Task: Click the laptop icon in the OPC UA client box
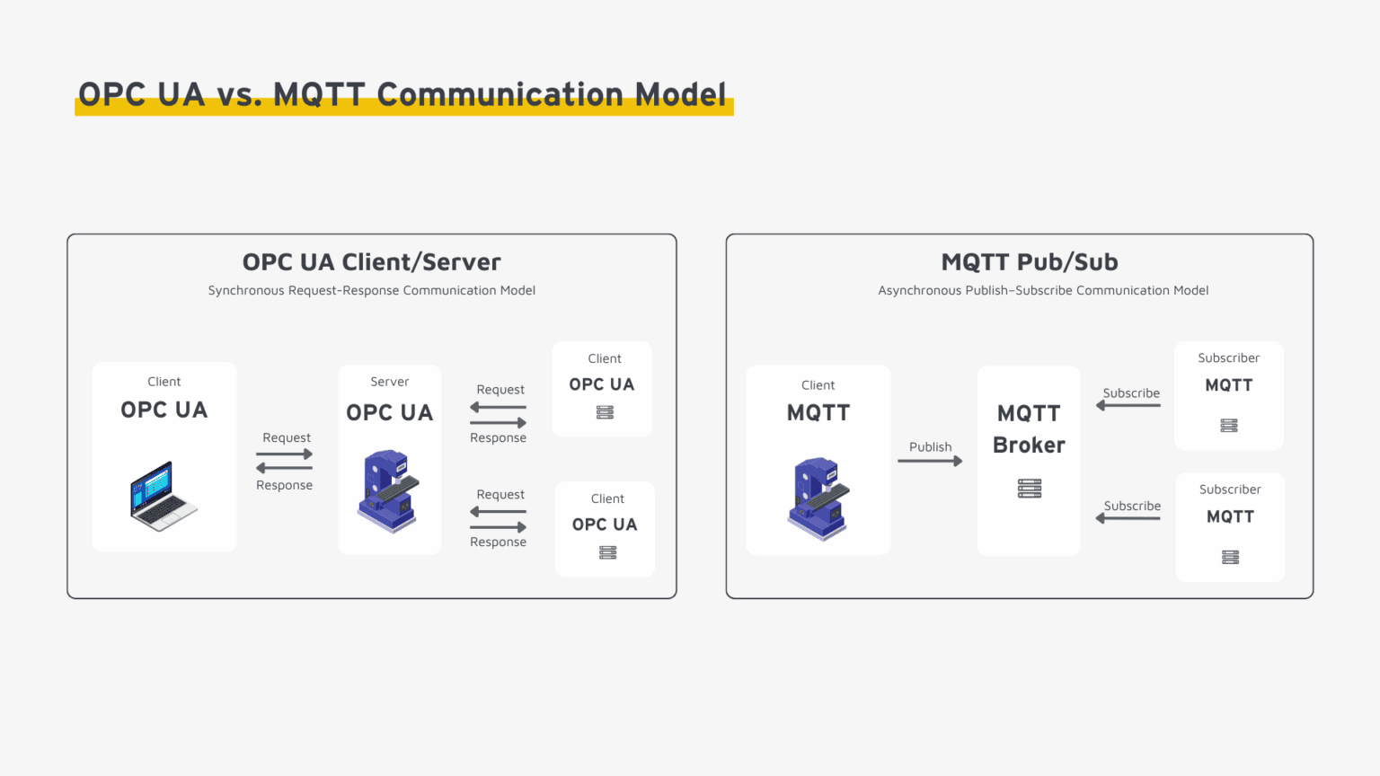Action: [x=164, y=496]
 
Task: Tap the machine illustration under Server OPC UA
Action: [x=389, y=491]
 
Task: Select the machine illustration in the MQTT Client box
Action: [x=818, y=498]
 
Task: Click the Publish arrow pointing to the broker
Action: [x=930, y=461]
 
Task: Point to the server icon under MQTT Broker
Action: [x=1030, y=489]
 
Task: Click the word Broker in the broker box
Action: [x=1029, y=445]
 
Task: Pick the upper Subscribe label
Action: [x=1131, y=393]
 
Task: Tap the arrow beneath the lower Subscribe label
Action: [x=1128, y=518]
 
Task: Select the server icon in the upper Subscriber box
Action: [x=1229, y=425]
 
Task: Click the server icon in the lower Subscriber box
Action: [x=1230, y=557]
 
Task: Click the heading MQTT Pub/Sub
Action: [x=1030, y=262]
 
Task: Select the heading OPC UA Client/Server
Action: [x=371, y=262]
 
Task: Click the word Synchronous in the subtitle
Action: [x=245, y=290]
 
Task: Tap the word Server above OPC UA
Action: [x=389, y=382]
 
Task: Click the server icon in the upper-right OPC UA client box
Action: [x=605, y=412]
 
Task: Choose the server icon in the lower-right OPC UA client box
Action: [x=607, y=552]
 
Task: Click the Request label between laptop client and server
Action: [x=286, y=437]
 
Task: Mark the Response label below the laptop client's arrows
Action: [x=284, y=485]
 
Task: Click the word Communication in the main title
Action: [x=500, y=94]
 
